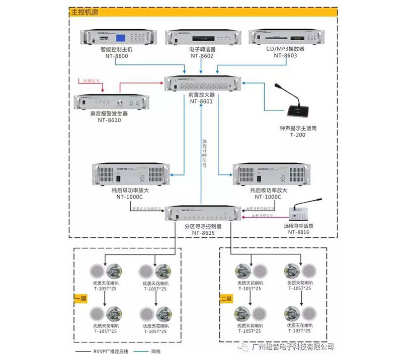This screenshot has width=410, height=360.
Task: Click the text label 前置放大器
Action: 202,95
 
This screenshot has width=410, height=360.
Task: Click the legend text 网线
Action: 160,351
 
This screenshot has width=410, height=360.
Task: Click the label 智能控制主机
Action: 116,50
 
